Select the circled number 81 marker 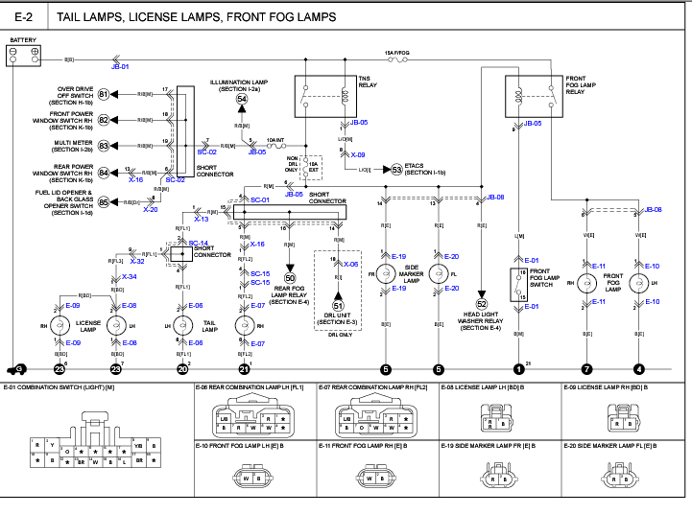104,95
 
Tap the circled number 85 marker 104,202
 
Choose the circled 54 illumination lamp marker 242,99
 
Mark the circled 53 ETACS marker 396,170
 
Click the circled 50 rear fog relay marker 290,277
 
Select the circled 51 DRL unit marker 338,306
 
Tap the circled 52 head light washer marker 482,304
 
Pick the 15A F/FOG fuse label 397,52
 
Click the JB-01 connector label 119,66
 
